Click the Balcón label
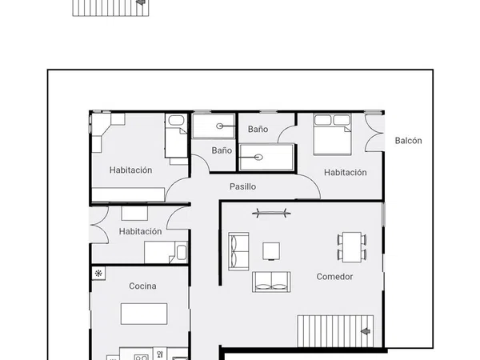point(408,141)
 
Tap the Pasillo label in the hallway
point(242,186)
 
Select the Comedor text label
point(334,277)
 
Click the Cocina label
point(142,286)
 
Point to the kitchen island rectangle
point(144,314)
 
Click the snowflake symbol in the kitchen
point(98,273)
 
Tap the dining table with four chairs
point(352,246)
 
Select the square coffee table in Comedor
point(271,251)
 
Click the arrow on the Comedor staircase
point(366,331)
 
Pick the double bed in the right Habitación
point(333,134)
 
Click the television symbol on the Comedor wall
point(271,213)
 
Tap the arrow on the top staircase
point(141,2)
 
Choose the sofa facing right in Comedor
point(238,251)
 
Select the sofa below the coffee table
point(271,282)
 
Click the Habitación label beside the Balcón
point(346,172)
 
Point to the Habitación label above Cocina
point(140,231)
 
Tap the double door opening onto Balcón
point(374,133)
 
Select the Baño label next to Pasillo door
point(222,150)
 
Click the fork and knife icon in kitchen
point(160,354)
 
